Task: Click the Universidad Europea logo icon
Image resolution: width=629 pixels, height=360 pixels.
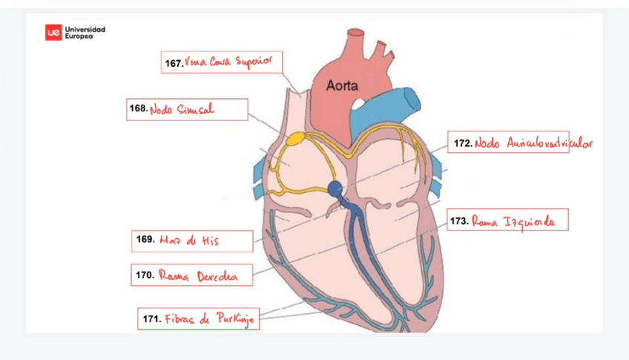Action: click(53, 33)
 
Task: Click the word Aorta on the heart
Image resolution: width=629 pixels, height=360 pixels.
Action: click(342, 86)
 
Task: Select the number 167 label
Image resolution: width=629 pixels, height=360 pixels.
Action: click(174, 64)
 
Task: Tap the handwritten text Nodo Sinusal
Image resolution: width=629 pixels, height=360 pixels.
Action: click(182, 110)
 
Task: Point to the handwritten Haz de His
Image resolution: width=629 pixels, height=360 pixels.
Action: click(189, 240)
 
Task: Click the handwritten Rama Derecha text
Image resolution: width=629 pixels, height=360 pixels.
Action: click(198, 275)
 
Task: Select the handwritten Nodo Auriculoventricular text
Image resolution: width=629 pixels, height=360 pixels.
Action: click(534, 143)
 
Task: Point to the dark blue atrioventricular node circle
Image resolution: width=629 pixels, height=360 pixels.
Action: click(335, 188)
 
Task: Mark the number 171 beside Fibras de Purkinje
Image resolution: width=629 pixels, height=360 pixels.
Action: click(152, 319)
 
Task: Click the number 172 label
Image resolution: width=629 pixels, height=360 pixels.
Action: click(463, 143)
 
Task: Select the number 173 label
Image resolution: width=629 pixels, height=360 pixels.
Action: click(459, 220)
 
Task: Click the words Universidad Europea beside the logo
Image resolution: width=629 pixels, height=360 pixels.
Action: click(85, 33)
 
